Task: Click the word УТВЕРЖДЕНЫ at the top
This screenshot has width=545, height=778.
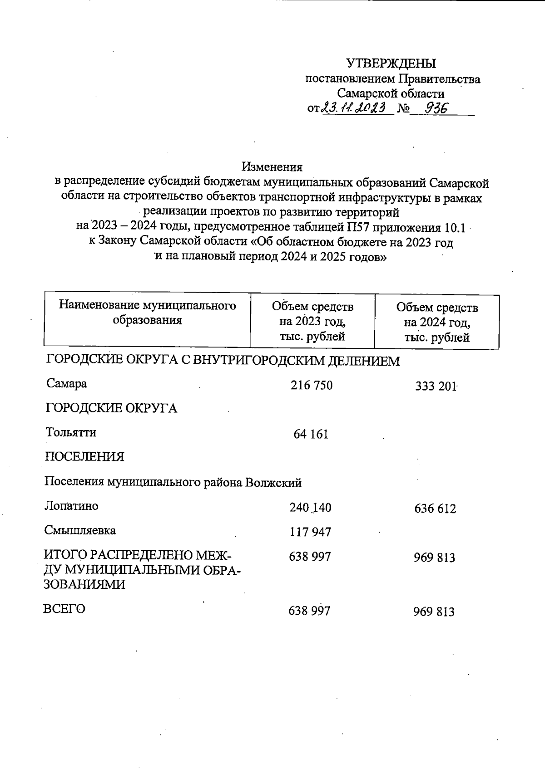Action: [391, 64]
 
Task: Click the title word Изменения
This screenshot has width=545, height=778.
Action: [272, 167]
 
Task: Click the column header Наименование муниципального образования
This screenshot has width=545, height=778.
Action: [147, 313]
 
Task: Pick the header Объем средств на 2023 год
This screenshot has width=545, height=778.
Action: [312, 322]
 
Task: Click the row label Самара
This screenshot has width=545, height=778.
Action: [66, 384]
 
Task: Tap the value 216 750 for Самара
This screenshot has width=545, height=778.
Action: [312, 386]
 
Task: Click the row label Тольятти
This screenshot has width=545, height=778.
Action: [71, 432]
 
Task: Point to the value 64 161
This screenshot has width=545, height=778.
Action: [311, 434]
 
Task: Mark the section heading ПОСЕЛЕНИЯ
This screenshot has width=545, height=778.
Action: [84, 457]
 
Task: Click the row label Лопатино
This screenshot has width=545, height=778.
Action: [71, 506]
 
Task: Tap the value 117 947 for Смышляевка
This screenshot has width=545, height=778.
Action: [310, 532]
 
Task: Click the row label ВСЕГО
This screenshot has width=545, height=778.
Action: [64, 609]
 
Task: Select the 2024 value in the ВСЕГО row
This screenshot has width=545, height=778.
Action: [434, 612]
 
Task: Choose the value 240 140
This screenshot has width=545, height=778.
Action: [310, 508]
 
